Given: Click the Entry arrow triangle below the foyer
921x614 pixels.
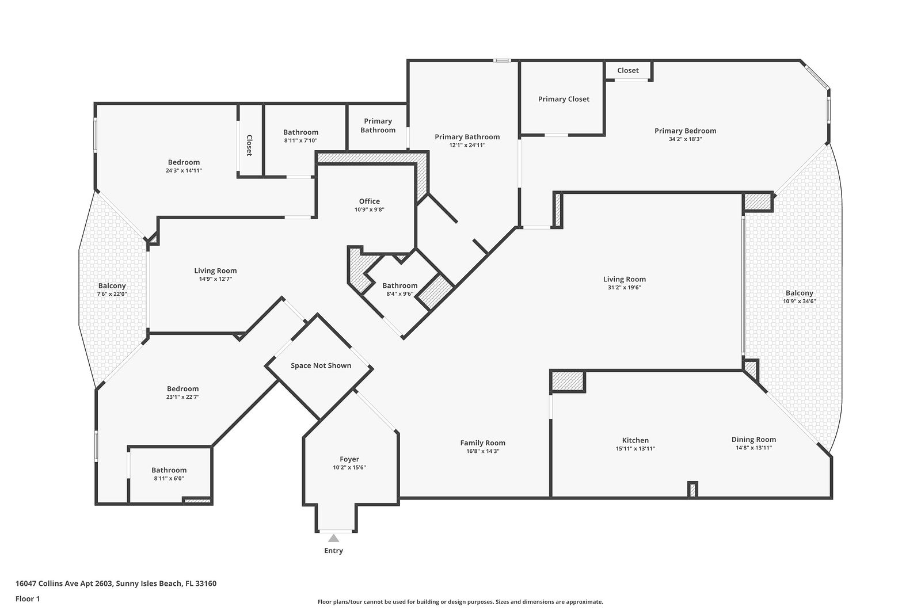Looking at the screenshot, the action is point(333,539).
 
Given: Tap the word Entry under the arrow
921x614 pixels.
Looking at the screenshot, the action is point(333,551).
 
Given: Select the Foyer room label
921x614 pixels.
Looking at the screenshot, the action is point(349,459).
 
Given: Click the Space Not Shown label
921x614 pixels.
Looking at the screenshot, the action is point(321,365).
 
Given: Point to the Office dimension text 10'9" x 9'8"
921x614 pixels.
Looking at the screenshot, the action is point(369,209).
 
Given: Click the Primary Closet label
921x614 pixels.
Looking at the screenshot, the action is point(564,99).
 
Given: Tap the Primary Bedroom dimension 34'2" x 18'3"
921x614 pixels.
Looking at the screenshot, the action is point(686,139).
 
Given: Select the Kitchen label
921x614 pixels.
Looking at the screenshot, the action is point(635,441).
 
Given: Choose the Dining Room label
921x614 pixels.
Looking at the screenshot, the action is point(753,439).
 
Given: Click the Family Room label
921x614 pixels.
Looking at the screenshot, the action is point(483,443).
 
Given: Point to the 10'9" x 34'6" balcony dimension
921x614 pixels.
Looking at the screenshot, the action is point(800,302).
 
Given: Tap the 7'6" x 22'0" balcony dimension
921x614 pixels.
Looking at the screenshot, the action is point(112,294).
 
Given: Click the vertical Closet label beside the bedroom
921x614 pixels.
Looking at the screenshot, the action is point(249,146).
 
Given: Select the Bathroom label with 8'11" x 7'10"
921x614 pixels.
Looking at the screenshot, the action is point(300,132).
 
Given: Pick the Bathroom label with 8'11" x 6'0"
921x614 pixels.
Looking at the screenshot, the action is point(169,470).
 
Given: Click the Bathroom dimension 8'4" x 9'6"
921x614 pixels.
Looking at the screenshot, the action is point(399,294).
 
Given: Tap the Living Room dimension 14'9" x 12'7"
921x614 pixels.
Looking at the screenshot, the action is point(215,279).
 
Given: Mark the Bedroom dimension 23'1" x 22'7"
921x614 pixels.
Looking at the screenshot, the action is point(183,397).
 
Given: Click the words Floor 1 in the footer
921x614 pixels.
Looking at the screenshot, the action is point(28,599).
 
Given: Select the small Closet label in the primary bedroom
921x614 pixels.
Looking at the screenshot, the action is point(628,70).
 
